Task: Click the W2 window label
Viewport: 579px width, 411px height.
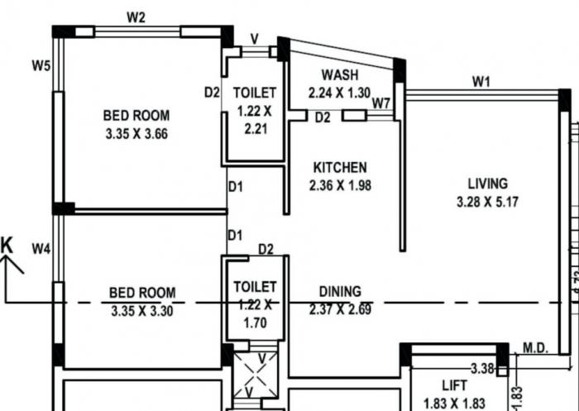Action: tap(137, 17)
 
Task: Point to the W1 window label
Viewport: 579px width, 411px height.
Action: tap(481, 81)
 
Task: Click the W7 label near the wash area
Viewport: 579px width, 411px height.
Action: tap(380, 103)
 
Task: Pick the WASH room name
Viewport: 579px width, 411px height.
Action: tap(339, 76)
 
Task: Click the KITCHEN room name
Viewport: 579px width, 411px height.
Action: tap(340, 167)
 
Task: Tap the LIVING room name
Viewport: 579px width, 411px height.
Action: tap(487, 184)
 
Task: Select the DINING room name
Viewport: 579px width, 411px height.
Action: tap(340, 291)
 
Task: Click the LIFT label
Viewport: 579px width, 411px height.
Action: tap(454, 385)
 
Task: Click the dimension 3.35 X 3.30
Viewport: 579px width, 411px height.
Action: tap(142, 311)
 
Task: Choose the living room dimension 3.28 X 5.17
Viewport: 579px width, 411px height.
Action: tap(487, 202)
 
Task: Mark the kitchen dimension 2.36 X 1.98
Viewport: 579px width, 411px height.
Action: tap(340, 185)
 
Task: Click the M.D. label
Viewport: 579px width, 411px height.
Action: tap(535, 349)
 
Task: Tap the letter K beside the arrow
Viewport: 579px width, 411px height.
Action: tap(7, 245)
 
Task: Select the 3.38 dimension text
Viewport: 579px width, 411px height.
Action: tap(482, 367)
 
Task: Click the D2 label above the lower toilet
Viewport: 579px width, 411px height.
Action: tap(266, 249)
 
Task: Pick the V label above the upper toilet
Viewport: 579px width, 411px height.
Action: tap(255, 38)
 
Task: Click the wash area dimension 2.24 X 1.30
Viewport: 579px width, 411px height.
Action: tap(339, 93)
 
